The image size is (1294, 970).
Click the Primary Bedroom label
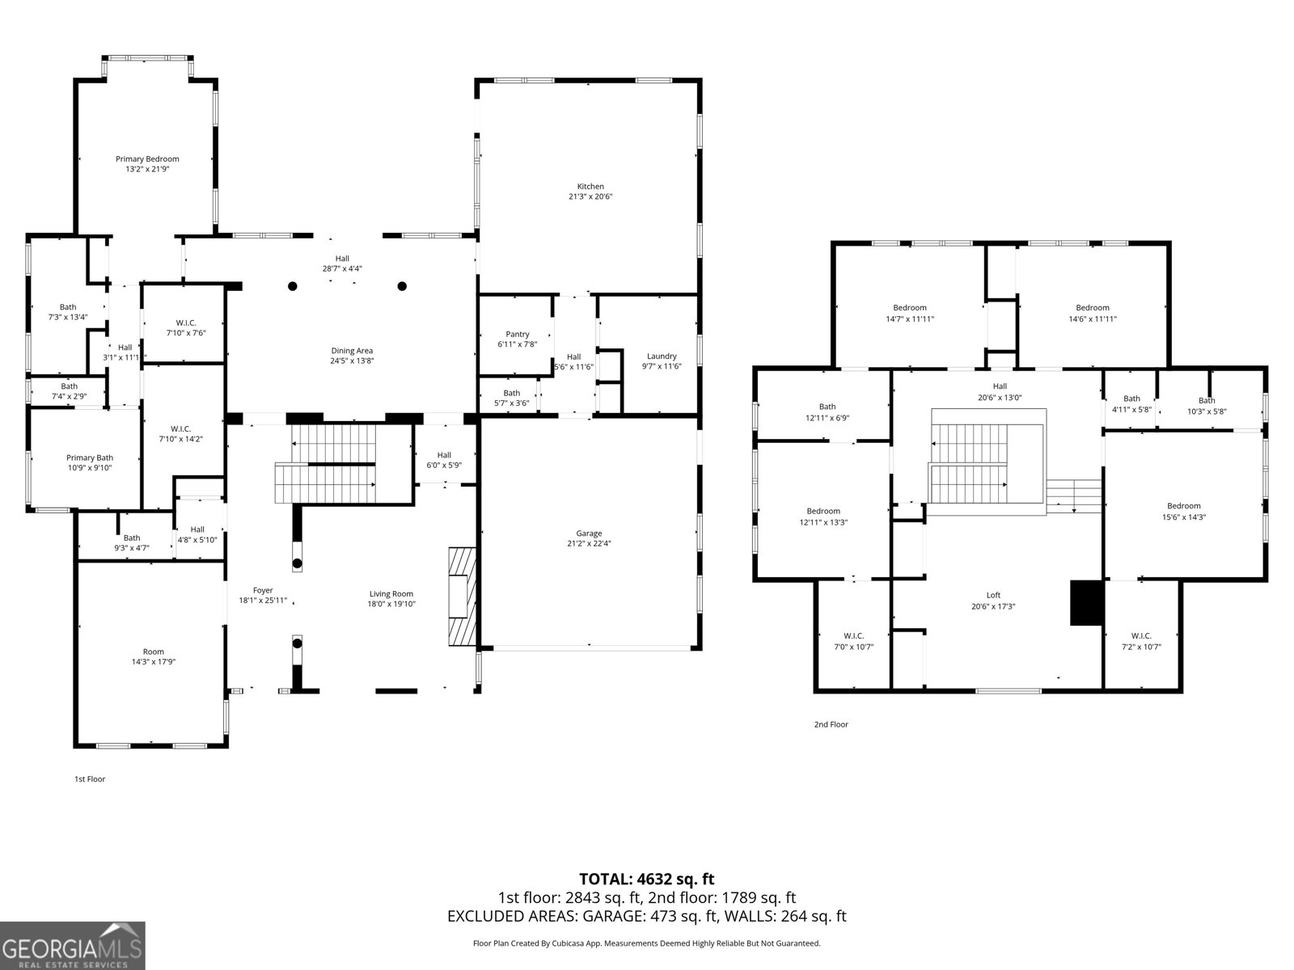pyautogui.click(x=147, y=159)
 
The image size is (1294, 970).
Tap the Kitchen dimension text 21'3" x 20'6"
pyautogui.click(x=590, y=196)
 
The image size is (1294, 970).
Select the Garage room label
pyautogui.click(x=589, y=533)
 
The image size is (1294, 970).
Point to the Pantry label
pyautogui.click(x=518, y=334)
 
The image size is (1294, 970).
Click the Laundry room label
pyautogui.click(x=662, y=356)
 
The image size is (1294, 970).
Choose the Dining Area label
pyautogui.click(x=352, y=351)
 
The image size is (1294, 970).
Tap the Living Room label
pyautogui.click(x=391, y=593)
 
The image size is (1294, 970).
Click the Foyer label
pyautogui.click(x=263, y=590)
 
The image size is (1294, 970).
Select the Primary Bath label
pyautogui.click(x=90, y=458)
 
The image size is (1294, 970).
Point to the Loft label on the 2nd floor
pyautogui.click(x=993, y=596)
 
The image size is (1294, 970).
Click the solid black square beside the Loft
pyautogui.click(x=1086, y=602)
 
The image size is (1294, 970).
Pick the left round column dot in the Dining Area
pyautogui.click(x=293, y=286)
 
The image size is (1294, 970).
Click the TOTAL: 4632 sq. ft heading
pyautogui.click(x=647, y=879)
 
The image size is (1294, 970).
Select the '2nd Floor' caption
pyautogui.click(x=831, y=724)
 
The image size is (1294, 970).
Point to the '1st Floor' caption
pyautogui.click(x=90, y=779)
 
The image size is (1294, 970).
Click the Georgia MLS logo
pyautogui.click(x=73, y=946)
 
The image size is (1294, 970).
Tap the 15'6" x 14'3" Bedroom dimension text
pyautogui.click(x=1184, y=517)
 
